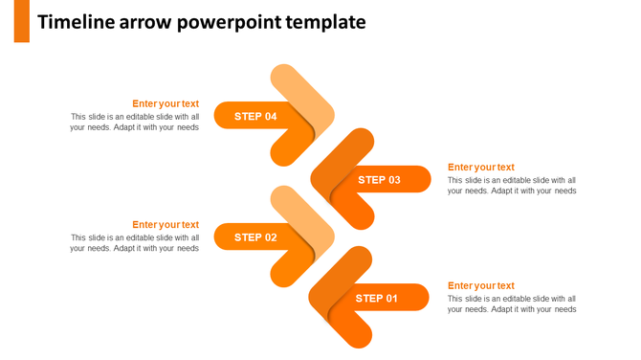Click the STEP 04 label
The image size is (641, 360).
click(x=255, y=116)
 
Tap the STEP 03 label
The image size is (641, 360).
click(x=380, y=180)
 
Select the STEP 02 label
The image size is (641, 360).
click(x=255, y=237)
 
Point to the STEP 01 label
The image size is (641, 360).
click(x=377, y=299)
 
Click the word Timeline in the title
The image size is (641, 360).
click(x=76, y=22)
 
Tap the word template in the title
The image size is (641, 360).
click(x=327, y=22)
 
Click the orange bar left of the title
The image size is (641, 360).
click(x=21, y=21)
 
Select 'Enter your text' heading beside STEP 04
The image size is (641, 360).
click(x=166, y=103)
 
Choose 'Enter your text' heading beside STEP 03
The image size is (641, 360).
click(x=481, y=168)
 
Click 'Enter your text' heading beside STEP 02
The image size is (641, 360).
click(x=166, y=225)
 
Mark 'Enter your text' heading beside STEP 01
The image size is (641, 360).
click(x=481, y=285)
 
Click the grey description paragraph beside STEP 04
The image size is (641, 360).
click(x=135, y=123)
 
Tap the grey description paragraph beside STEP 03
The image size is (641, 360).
click(x=512, y=186)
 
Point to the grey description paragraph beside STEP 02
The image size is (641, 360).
click(x=135, y=243)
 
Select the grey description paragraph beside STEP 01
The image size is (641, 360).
click(x=512, y=304)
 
